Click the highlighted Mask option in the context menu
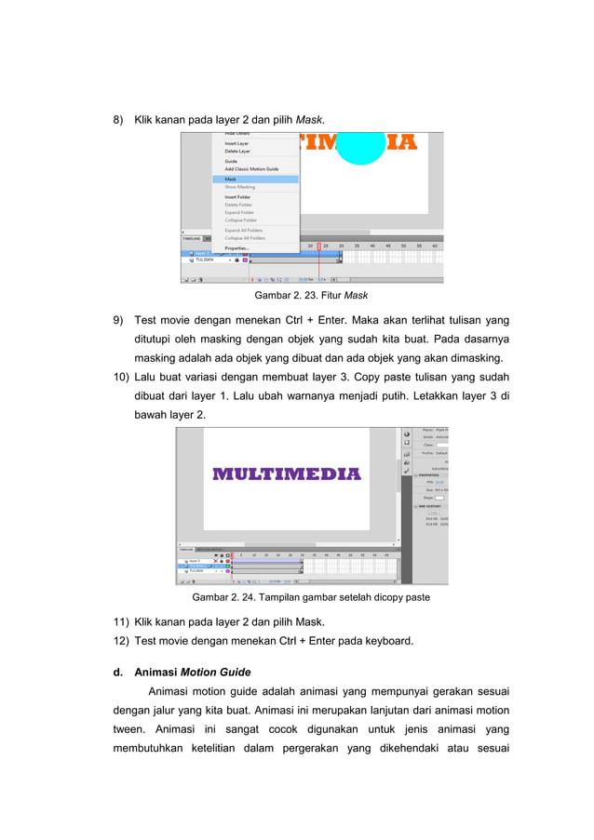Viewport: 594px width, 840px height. click(x=231, y=179)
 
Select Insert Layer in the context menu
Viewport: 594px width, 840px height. click(x=236, y=143)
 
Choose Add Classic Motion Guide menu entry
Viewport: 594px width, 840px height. click(x=251, y=168)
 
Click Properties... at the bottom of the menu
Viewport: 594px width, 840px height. click(x=236, y=247)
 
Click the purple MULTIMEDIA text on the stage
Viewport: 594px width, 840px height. click(x=286, y=473)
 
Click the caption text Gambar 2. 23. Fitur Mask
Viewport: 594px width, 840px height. click(x=304, y=297)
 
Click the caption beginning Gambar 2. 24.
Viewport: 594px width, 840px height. click(x=310, y=596)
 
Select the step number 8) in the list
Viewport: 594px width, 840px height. click(x=118, y=120)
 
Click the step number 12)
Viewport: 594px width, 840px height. click(x=121, y=640)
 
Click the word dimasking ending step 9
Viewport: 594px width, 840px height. click(x=478, y=358)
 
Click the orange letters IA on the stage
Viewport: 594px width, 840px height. click(x=402, y=141)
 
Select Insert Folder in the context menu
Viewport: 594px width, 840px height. click(x=238, y=197)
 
